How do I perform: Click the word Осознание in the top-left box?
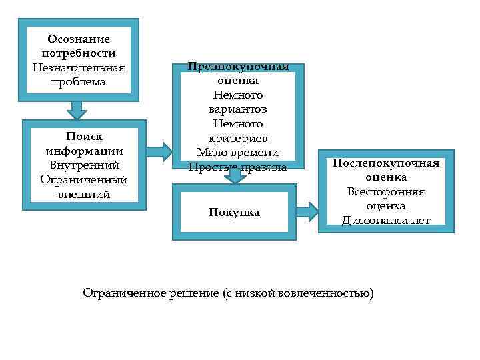(x=79, y=39)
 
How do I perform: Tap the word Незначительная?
(x=79, y=67)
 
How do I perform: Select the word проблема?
(x=79, y=81)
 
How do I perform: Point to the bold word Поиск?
(x=84, y=136)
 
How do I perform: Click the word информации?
(x=84, y=151)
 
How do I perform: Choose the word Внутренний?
(x=84, y=165)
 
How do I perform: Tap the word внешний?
(x=84, y=194)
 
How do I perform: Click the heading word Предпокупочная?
(x=238, y=67)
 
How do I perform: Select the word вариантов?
(x=238, y=109)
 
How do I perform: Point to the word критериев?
(x=238, y=138)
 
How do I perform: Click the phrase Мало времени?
(x=238, y=153)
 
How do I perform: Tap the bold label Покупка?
(x=235, y=213)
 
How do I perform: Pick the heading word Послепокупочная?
(x=386, y=163)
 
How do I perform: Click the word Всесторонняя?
(x=386, y=192)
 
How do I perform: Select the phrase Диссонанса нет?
(x=386, y=221)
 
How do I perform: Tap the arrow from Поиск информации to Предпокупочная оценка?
(x=159, y=151)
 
